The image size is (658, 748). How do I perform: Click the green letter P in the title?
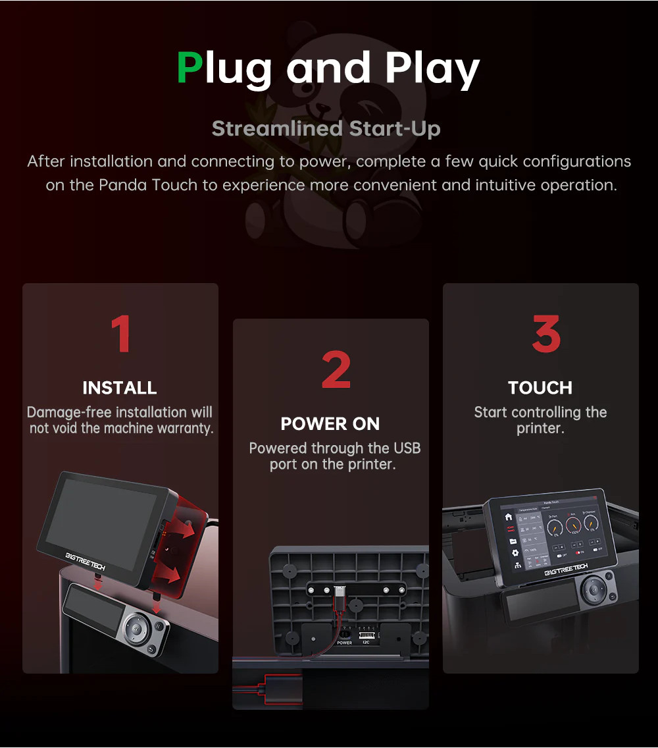190,68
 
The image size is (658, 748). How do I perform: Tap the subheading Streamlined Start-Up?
326,128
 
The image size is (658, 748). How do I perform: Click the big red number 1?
120,334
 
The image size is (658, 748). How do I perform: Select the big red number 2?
336,370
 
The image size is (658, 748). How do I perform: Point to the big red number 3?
545,334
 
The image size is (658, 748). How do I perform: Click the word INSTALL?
120,388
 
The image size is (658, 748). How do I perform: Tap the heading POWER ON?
330,424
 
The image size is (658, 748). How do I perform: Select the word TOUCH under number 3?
540,388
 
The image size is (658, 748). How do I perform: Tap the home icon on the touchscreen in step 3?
508,517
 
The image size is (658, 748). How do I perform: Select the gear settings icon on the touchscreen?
515,552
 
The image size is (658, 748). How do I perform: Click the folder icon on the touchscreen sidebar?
512,541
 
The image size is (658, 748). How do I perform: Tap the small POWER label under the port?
344,643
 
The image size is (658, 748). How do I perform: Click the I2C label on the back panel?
366,643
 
